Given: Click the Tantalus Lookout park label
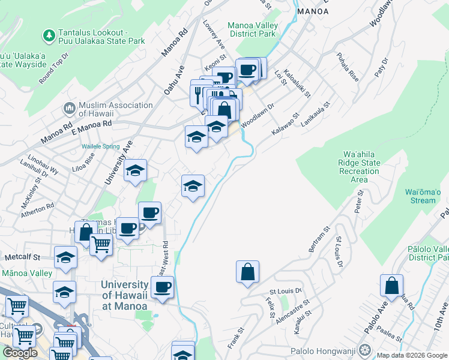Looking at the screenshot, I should click(x=101, y=37).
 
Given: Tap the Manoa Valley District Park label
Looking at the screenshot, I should click(x=252, y=29).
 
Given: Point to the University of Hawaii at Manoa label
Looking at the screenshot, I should click(x=125, y=295).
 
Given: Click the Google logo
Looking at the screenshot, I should click(x=20, y=353).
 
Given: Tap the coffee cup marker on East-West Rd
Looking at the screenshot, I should click(x=161, y=287).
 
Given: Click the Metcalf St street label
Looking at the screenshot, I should click(x=21, y=257).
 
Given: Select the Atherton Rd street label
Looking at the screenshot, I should click(x=37, y=209).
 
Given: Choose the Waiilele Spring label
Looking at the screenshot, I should click(x=101, y=146).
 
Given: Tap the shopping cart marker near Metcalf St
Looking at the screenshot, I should click(x=101, y=244).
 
